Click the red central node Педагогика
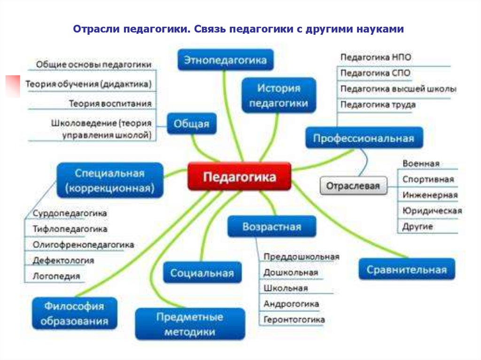point(239,176)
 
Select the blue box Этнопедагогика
point(225,60)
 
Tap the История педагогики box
point(279,95)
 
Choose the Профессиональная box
point(364,138)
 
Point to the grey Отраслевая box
point(353,185)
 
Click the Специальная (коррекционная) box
point(109,181)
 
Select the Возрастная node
point(272,227)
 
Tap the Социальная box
point(202,273)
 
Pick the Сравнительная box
point(407,269)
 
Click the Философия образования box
point(74,314)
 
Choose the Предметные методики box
point(190,324)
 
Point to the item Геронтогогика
point(294,320)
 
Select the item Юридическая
point(432,211)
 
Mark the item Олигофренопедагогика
point(84,245)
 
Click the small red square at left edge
point(12,85)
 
